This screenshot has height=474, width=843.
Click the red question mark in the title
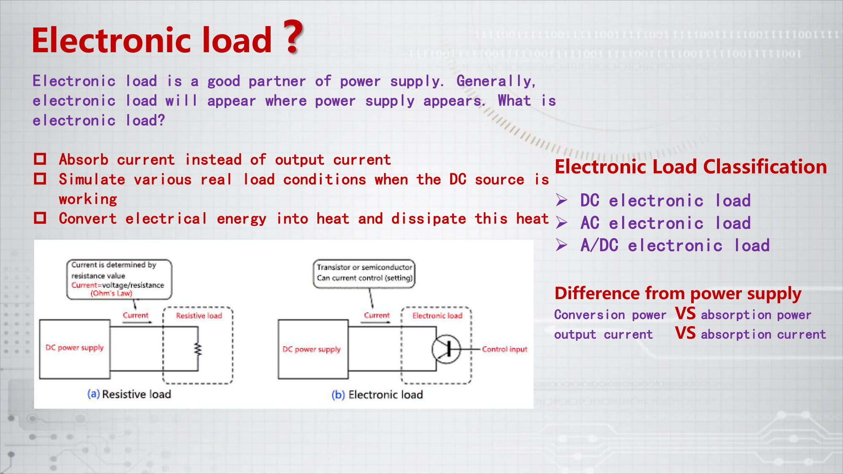[x=293, y=37]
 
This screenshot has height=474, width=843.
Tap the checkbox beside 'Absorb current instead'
[x=40, y=159]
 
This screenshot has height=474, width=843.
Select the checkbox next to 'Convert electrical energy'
[x=40, y=218]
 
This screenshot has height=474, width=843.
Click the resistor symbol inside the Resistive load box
[x=198, y=349]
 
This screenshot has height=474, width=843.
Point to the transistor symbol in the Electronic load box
[x=446, y=349]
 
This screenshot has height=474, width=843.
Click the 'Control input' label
[x=505, y=349]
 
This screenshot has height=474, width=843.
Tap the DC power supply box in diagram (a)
[x=75, y=349]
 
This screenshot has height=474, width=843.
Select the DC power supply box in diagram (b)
[x=313, y=349]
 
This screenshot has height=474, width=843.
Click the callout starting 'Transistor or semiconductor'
[x=364, y=273]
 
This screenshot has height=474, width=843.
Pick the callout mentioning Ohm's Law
[x=119, y=279]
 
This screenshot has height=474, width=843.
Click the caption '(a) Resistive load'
[x=129, y=394]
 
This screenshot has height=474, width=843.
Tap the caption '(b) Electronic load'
[x=377, y=395]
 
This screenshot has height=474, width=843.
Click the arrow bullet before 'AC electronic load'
[x=561, y=222]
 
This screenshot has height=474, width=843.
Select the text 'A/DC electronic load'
[x=675, y=245]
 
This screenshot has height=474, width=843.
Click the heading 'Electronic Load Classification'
[x=691, y=167]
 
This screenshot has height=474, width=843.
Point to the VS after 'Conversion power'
[x=685, y=313]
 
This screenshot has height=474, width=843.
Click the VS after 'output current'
[x=685, y=333]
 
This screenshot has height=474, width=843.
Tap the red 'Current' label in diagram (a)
[x=135, y=315]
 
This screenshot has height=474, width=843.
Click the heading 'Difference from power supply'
[x=678, y=294]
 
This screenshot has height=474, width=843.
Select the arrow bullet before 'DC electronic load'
[x=561, y=200]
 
